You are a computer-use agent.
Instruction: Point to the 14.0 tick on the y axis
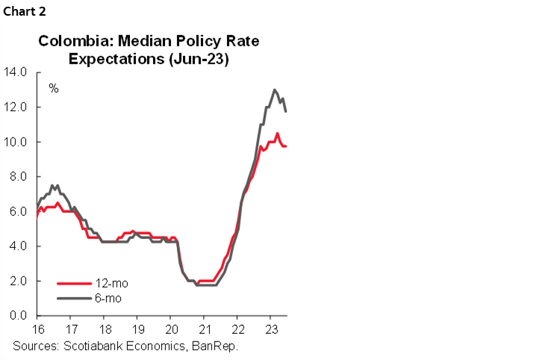click(16, 72)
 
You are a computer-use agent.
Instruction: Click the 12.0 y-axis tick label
click(16, 107)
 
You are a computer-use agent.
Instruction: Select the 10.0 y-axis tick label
click(16, 142)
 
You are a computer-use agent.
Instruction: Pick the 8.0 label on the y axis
click(18, 176)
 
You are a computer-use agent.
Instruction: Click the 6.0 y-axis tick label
click(18, 211)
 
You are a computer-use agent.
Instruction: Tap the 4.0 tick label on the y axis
click(18, 246)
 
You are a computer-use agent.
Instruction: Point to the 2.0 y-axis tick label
click(18, 281)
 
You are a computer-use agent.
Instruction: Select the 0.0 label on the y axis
click(18, 315)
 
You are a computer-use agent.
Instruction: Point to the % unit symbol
click(54, 88)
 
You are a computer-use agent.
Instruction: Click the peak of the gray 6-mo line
click(275, 90)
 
